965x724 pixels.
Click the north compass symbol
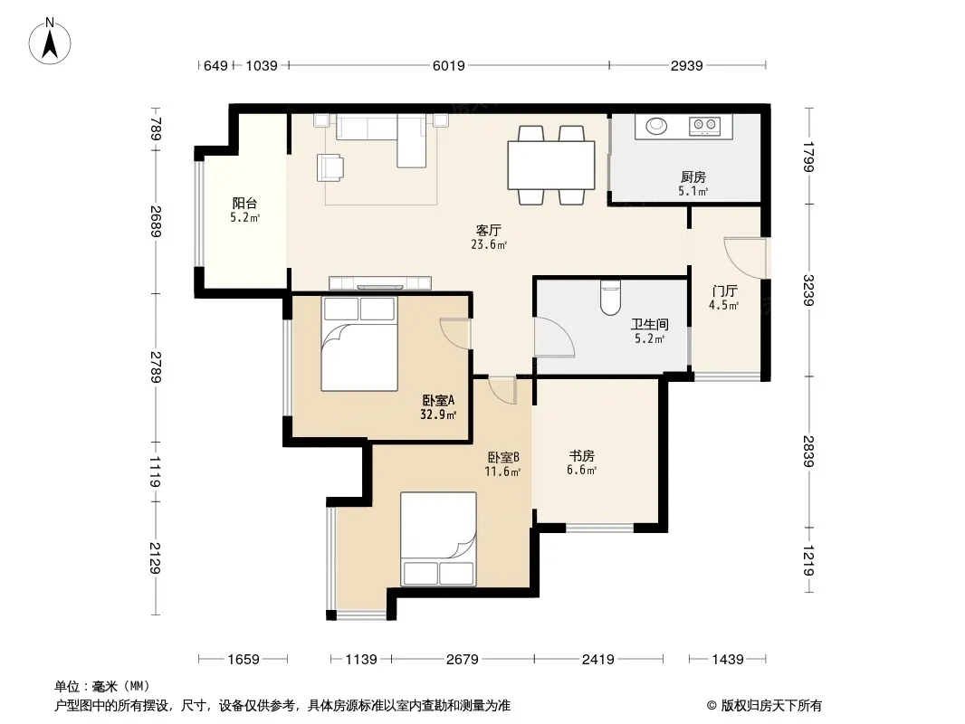point(50,42)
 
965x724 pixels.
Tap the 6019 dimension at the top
point(449,65)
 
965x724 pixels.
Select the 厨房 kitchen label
point(693,177)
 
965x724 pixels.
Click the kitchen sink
point(656,126)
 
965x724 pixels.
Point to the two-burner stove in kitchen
point(705,126)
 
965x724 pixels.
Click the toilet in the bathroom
point(610,298)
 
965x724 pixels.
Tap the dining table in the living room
point(550,165)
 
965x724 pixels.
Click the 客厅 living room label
point(489,230)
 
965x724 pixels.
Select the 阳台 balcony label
point(244,203)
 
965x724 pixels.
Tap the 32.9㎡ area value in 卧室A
point(438,414)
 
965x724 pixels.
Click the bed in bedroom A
point(359,344)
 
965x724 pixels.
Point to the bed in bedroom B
point(438,538)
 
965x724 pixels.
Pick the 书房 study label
point(581,456)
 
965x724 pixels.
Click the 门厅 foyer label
point(724,291)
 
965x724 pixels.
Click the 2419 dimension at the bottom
point(598,660)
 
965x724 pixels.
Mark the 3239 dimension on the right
point(808,290)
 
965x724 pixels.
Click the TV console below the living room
point(379,283)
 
